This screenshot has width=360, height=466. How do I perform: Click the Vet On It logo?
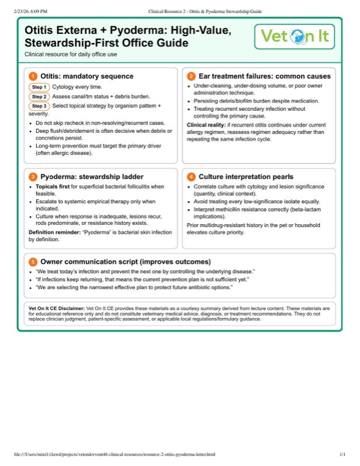click(295, 37)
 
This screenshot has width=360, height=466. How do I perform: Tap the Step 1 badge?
click(40, 87)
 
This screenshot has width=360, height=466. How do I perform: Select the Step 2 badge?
click(40, 97)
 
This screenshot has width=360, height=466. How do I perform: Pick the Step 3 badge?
click(40, 106)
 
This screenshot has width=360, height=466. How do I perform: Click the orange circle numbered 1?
click(33, 76)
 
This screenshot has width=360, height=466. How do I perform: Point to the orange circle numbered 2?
click(191, 76)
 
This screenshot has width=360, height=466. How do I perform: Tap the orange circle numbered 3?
click(33, 176)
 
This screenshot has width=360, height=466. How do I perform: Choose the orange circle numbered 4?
click(191, 176)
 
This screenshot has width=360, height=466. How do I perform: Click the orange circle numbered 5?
click(33, 262)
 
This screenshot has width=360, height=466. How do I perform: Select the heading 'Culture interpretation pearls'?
click(246, 176)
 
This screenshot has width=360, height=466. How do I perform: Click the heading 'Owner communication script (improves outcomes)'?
click(125, 262)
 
